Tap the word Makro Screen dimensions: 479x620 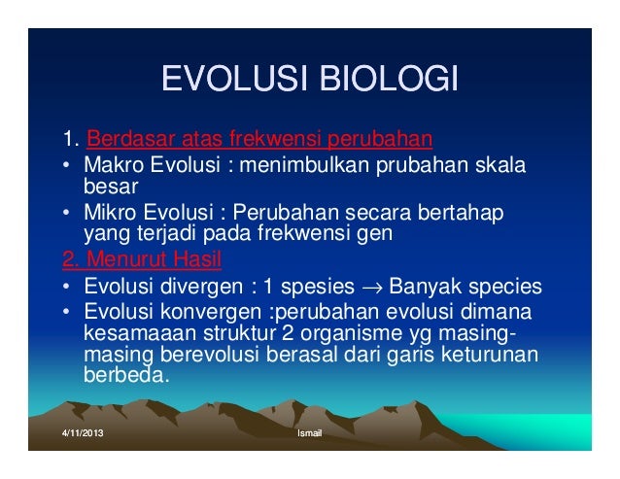pyautogui.click(x=111, y=162)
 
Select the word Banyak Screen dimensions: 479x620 pyautogui.click(x=429, y=288)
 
